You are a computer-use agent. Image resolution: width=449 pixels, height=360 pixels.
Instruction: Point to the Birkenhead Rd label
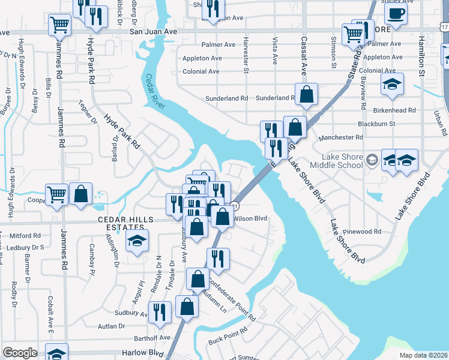[x=394, y=110]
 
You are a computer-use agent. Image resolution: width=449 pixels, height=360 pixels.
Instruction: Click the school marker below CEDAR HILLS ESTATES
[x=137, y=242]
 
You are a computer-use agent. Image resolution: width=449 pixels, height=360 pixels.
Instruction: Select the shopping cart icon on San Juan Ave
[x=59, y=25]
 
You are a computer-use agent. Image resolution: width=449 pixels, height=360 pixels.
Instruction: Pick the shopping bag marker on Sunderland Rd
[x=307, y=94]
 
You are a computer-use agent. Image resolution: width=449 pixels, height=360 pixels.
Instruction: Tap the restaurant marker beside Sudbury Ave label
[x=160, y=312]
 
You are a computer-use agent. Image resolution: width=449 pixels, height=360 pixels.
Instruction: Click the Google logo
[x=20, y=353]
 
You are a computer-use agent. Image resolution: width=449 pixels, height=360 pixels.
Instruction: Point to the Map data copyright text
[x=424, y=355]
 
